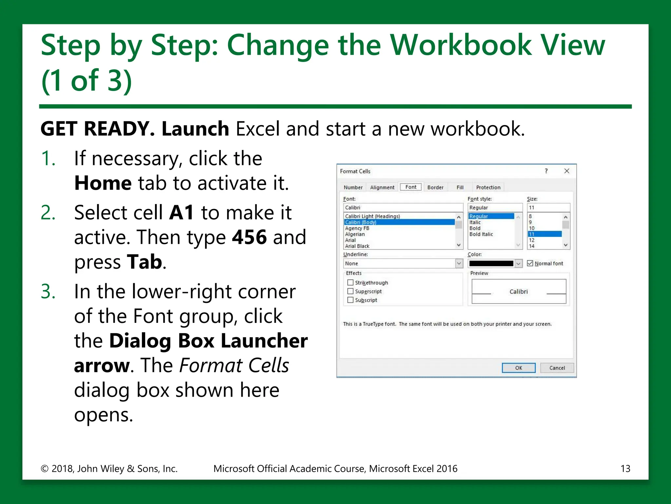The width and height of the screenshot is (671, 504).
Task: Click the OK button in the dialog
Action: [518, 368]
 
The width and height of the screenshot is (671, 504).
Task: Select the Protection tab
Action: [488, 187]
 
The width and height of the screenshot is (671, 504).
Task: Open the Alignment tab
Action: [382, 187]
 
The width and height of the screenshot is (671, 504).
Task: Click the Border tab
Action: [435, 187]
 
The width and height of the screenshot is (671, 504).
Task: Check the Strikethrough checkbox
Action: [350, 283]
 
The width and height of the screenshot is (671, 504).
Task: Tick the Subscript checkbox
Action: [350, 300]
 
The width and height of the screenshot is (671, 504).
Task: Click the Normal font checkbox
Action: [530, 263]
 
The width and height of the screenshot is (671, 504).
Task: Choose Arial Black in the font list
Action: [357, 246]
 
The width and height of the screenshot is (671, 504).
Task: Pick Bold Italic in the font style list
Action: [481, 234]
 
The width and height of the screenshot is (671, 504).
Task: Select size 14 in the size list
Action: [531, 246]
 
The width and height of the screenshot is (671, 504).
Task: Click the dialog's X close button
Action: [566, 171]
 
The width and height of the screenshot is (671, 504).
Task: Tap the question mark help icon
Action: [546, 171]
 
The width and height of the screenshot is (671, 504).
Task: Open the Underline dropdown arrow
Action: [459, 263]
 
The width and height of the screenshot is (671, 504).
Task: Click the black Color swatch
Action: [491, 263]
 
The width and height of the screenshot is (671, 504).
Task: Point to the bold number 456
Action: [249, 237]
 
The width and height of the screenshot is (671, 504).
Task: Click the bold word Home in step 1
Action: [103, 183]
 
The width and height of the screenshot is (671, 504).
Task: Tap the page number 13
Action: [625, 469]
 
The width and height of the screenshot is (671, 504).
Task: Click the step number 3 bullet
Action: [48, 291]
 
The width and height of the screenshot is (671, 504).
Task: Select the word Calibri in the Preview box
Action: [518, 292]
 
